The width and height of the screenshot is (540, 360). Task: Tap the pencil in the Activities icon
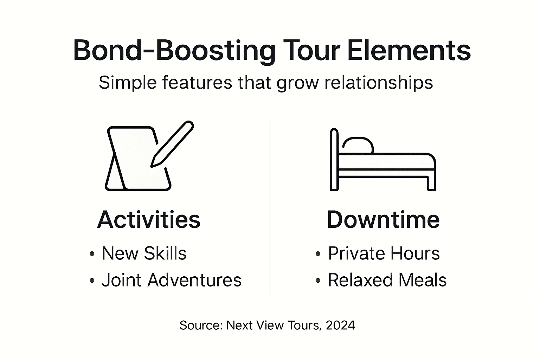click(172, 144)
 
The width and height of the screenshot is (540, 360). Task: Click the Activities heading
click(149, 220)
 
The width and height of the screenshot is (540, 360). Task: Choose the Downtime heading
click(383, 220)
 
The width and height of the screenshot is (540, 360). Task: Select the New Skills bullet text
click(144, 253)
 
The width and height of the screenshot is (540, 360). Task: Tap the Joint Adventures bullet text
click(172, 280)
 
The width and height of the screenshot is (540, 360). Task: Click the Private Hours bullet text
click(384, 253)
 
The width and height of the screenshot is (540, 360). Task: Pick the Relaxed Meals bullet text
click(387, 280)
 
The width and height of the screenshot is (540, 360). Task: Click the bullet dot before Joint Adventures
click(92, 281)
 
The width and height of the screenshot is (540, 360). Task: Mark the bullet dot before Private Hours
click(318, 254)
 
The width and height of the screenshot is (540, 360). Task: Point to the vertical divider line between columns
click(270, 207)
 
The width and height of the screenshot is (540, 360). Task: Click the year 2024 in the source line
click(340, 325)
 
